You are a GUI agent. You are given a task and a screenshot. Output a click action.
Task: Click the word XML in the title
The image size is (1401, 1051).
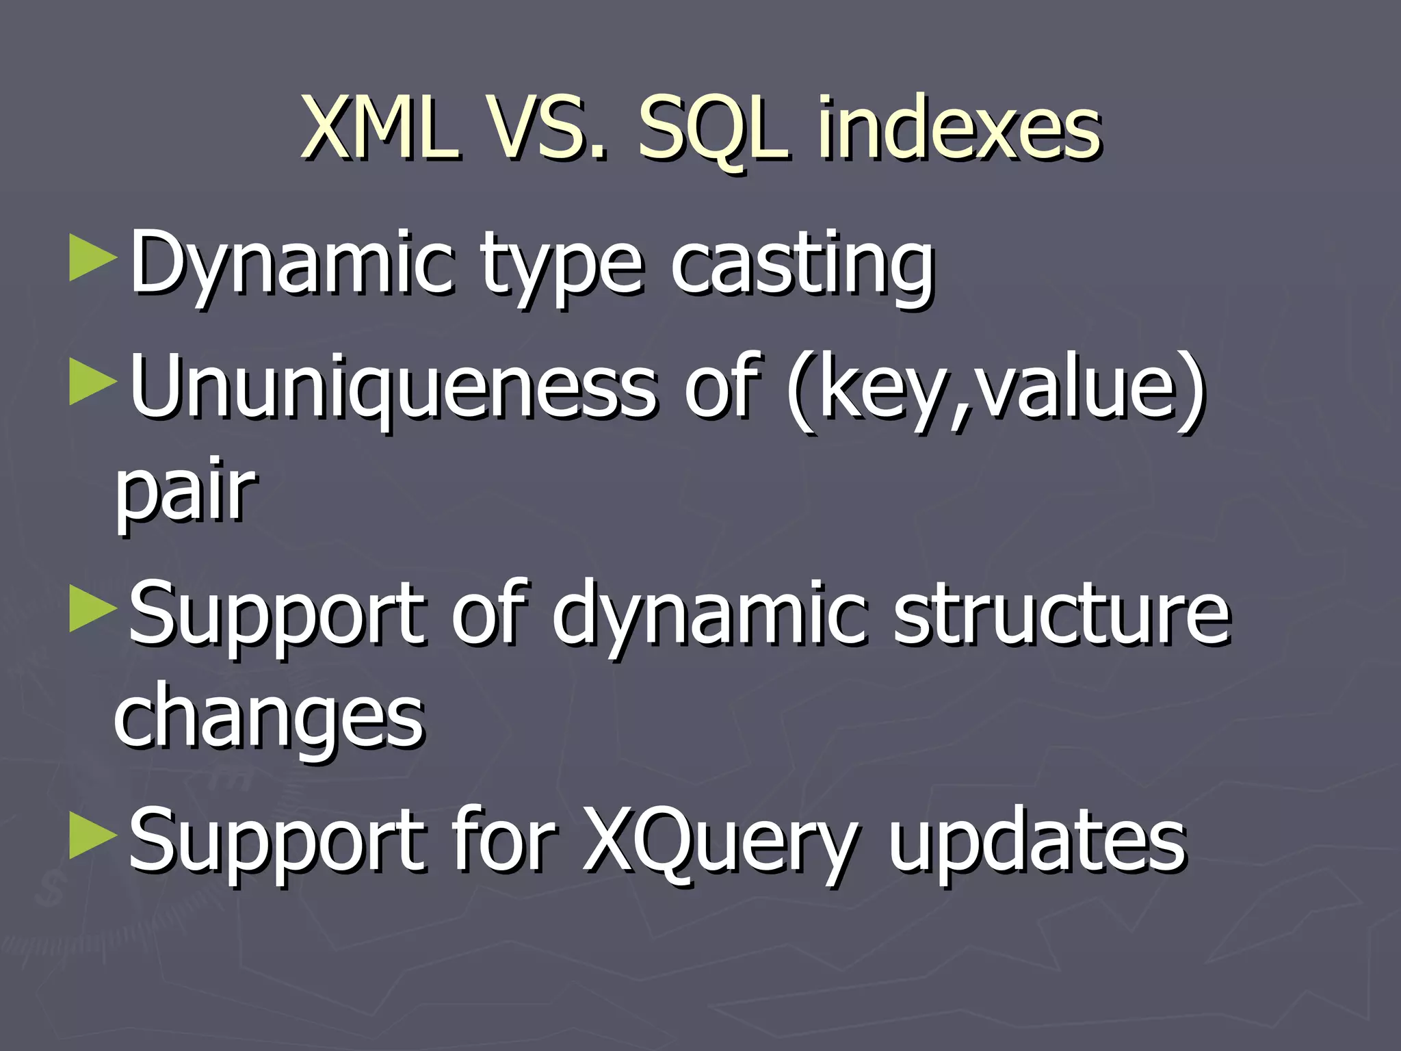coord(380,129)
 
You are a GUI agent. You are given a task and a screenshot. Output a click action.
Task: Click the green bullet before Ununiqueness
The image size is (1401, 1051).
coord(92,383)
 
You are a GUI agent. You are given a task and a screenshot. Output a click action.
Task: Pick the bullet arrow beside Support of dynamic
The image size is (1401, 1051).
coord(92,609)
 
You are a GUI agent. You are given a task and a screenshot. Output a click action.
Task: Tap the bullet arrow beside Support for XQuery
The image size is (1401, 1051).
coord(92,836)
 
